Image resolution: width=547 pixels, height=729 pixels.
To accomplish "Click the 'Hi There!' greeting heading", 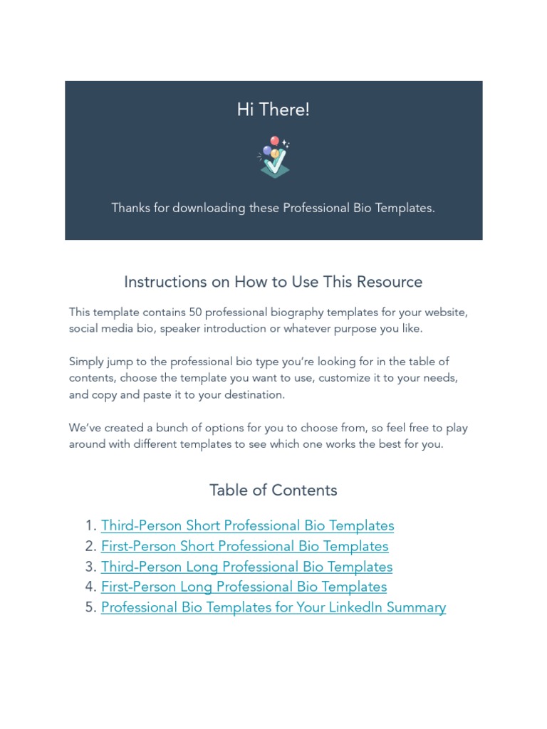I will point(273,110).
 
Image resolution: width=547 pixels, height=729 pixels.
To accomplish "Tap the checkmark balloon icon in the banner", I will point(273,157).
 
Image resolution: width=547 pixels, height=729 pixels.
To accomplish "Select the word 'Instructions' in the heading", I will point(165,282).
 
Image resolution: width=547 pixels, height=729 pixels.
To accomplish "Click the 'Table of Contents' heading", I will point(273,491).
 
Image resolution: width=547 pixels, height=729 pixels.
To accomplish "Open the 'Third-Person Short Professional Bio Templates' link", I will point(247,526).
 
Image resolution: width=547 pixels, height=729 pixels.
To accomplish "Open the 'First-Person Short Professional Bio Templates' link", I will point(244,547).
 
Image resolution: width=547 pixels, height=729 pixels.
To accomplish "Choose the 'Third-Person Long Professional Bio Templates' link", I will point(246,567).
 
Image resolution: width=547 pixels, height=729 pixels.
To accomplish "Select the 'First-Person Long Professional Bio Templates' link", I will point(244,587).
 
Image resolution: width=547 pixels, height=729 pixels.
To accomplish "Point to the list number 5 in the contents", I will point(90,608).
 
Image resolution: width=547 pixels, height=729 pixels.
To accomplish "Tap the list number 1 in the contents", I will point(90,526).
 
